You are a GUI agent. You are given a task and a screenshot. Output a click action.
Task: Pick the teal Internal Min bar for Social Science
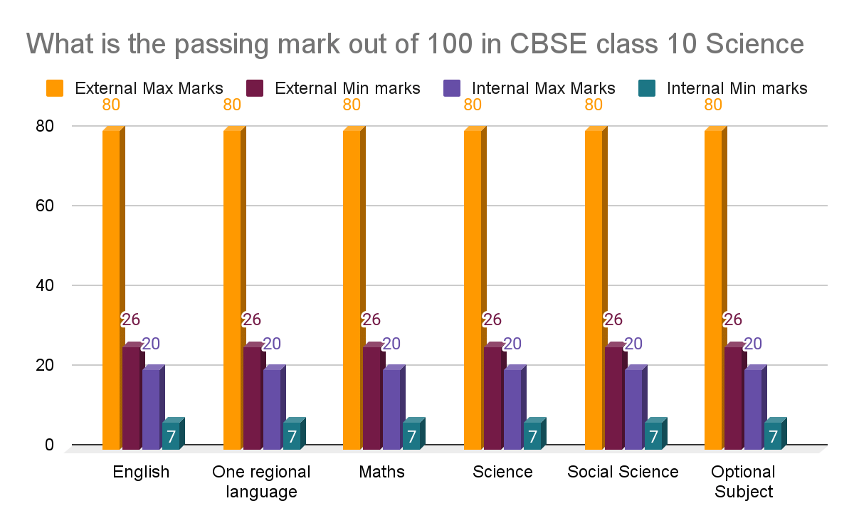coord(653,435)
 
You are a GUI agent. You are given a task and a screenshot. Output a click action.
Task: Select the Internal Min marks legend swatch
coord(645,88)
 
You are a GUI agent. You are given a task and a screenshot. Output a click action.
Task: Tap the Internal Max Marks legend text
coord(544,88)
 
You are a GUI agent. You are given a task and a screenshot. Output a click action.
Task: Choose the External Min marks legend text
coord(347,88)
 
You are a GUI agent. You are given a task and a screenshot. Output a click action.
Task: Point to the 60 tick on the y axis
coord(45,206)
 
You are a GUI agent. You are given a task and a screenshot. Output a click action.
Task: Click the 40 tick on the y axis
coord(45,285)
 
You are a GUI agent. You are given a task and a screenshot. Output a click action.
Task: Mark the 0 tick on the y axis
coord(49,445)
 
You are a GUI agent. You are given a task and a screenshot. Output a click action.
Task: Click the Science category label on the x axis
coord(502,472)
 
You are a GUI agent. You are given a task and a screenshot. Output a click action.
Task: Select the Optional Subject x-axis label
coord(743,482)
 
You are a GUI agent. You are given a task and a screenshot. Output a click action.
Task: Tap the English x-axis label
coord(141,472)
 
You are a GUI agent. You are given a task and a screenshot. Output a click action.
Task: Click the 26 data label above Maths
coord(371,320)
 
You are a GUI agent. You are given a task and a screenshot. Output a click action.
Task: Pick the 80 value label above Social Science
coord(594,105)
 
